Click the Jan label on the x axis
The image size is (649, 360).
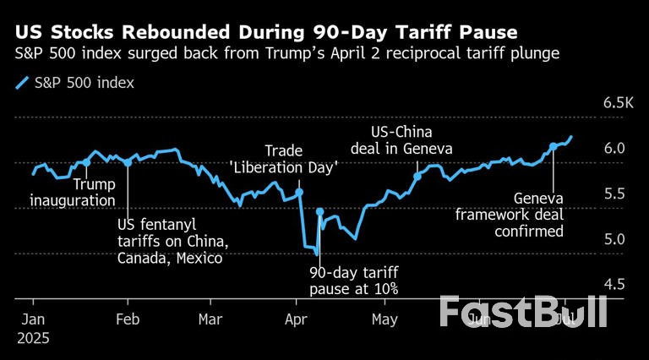click(33, 320)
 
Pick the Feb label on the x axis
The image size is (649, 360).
click(128, 320)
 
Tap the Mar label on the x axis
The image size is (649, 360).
click(210, 320)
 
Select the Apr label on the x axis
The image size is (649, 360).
click(297, 320)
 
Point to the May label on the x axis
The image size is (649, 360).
click(384, 320)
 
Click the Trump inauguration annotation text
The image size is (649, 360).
click(73, 193)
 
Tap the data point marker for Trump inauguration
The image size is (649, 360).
click(87, 162)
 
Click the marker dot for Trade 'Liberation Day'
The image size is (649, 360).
click(299, 193)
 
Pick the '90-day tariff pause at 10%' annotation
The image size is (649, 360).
click(353, 281)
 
